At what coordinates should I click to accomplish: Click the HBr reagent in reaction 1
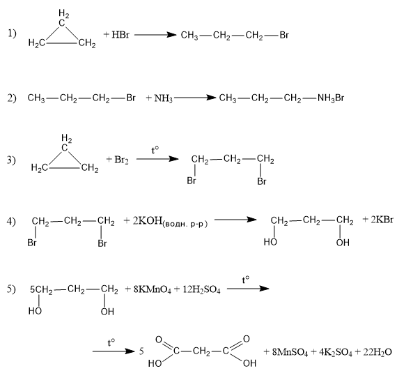pos(120,35)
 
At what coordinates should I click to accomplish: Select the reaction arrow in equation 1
pos(155,35)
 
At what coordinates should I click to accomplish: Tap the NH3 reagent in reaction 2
pos(163,98)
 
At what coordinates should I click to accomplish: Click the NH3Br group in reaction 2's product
pos(331,98)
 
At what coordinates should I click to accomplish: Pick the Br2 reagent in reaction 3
pos(121,160)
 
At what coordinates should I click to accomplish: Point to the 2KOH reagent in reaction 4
pos(147,220)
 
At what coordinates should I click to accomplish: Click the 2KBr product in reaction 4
pos(382,220)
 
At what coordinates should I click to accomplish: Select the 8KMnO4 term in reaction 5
pos(153,289)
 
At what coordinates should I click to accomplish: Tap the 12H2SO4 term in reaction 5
pos(201,289)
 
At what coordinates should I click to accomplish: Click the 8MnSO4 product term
pos(290,352)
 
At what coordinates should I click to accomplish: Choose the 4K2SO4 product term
pos(335,352)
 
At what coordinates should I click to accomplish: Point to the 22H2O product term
pos(377,352)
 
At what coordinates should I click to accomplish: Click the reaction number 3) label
pos(11,160)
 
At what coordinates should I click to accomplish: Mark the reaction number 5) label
pos(11,289)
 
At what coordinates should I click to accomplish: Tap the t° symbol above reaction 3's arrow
pos(155,150)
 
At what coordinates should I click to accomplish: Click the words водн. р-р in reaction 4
pos(185,224)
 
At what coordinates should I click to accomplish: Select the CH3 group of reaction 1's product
pos(189,36)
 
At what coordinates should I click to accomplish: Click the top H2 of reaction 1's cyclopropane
pos(64,13)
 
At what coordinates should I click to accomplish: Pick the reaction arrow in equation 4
pos(235,219)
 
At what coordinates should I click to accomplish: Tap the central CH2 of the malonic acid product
pos(201,351)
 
